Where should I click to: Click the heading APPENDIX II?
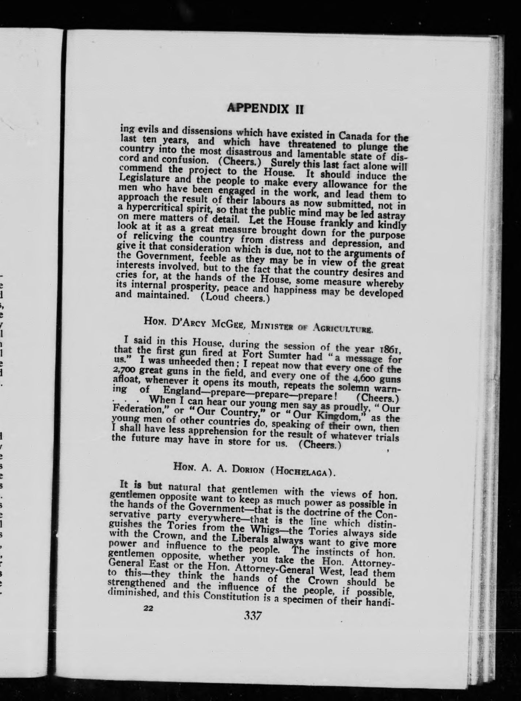(x=265, y=108)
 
